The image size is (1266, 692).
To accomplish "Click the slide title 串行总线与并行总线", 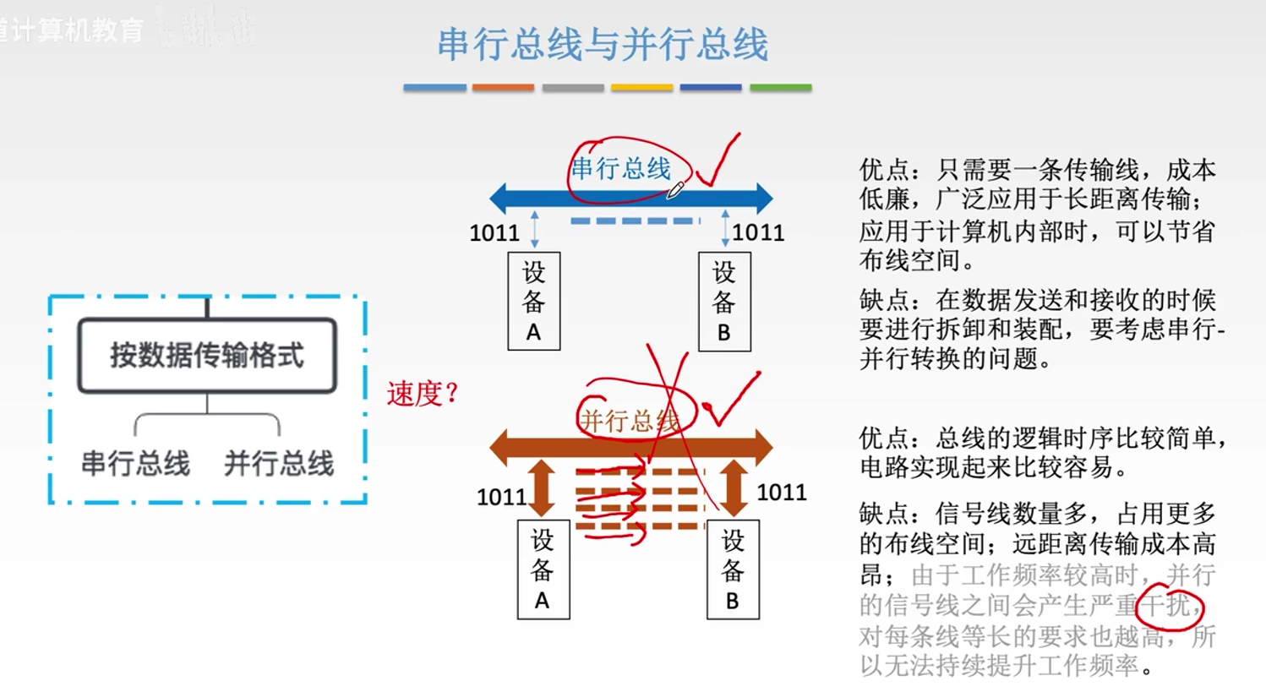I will pos(603,45).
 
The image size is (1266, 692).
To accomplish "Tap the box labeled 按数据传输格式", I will pos(207,356).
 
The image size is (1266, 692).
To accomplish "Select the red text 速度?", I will pos(422,394).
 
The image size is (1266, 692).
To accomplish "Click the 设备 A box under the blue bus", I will pos(533,302).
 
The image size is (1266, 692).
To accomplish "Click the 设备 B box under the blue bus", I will pos(724,302).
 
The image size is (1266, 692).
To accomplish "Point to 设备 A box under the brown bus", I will pos(543,569).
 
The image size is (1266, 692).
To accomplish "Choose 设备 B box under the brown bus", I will pos(733,569).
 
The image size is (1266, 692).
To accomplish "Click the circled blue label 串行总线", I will pos(621,169).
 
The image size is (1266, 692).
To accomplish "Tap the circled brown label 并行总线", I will pos(630,420).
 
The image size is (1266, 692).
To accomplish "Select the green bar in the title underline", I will pos(780,87).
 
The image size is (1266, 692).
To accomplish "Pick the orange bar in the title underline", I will pos(503,87).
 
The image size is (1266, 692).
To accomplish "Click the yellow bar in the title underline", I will pos(641,87).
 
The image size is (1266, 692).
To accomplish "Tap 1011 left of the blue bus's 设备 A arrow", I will pos(494,232).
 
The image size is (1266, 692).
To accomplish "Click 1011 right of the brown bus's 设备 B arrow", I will pos(782,492).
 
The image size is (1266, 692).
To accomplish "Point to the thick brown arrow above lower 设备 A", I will pos(542,488).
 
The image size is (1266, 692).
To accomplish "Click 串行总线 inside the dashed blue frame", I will pos(135,464).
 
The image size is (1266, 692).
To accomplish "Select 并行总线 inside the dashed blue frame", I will pos(279,464).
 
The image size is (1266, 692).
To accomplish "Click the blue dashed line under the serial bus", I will pos(635,221).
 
